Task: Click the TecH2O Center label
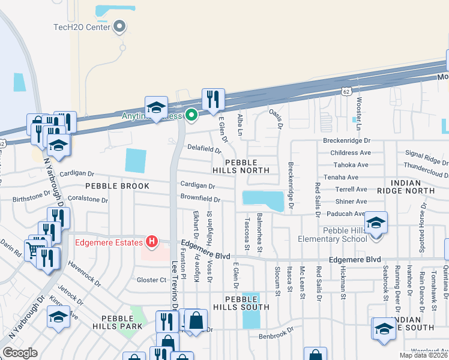pos(82,26)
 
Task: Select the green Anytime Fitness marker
pos(191,115)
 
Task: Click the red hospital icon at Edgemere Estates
pos(152,242)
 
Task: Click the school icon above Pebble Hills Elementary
pos(376,223)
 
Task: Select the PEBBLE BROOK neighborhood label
pos(117,186)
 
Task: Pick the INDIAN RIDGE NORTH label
pos(404,186)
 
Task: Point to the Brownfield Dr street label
pos(200,199)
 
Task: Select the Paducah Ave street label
pos(343,214)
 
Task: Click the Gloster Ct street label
pos(151,280)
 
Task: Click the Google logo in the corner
pos(20,353)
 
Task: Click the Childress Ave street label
pos(349,154)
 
